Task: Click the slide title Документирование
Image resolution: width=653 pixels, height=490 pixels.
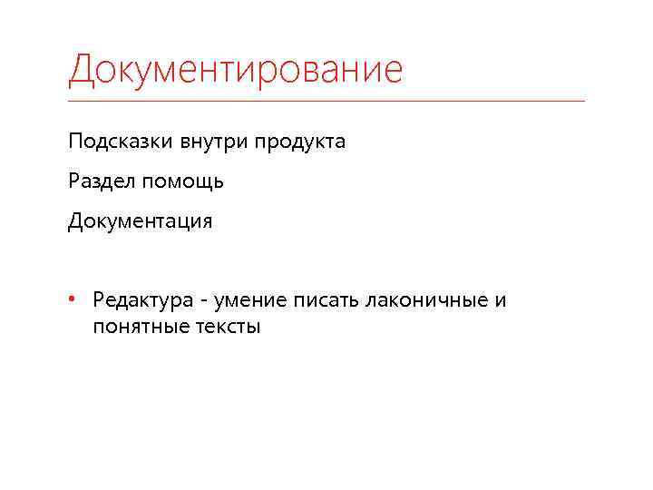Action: pyautogui.click(x=235, y=70)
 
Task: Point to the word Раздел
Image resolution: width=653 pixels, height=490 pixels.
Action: pyautogui.click(x=97, y=182)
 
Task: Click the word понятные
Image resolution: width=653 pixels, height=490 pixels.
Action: pyautogui.click(x=139, y=328)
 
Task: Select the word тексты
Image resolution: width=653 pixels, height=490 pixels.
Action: pyautogui.click(x=228, y=328)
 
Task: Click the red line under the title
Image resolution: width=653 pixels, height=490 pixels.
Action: pyautogui.click(x=326, y=100)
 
